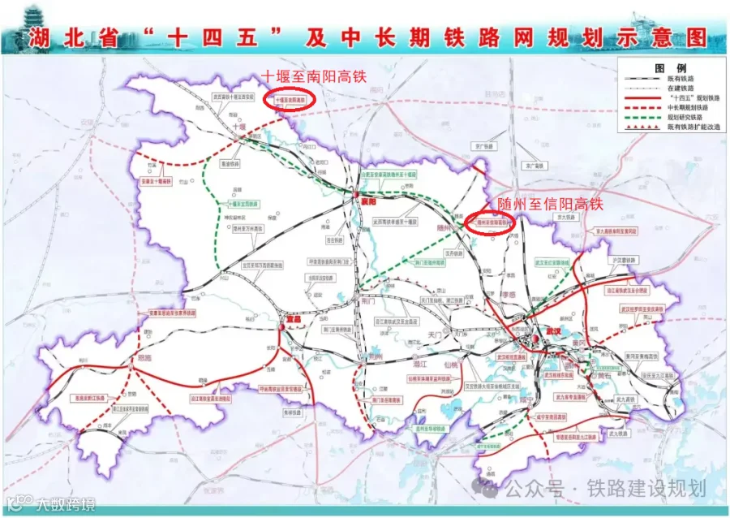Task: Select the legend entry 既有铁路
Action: coord(681,77)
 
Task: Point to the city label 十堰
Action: coord(238,127)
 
